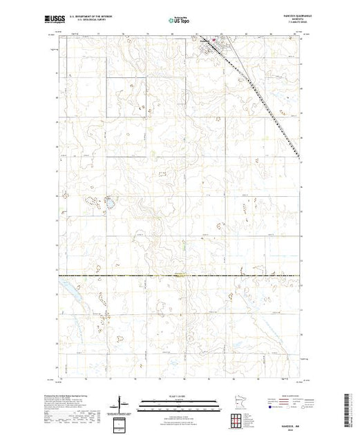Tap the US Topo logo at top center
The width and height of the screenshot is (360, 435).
(180, 22)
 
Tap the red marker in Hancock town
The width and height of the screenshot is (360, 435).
(214, 46)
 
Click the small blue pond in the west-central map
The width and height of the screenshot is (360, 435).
(108, 203)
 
